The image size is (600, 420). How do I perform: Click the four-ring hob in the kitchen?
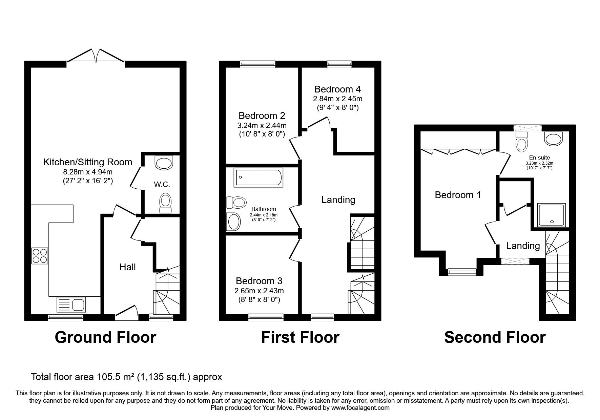40,256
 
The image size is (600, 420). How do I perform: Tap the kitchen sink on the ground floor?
71,304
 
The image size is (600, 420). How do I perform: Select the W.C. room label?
162,185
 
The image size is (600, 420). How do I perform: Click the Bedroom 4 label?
337,89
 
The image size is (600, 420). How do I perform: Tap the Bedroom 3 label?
259,281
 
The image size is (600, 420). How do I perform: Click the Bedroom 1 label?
458,195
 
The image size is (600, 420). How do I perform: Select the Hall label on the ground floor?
127,267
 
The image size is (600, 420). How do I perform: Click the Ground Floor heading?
105,337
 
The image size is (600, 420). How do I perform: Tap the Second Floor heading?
495,337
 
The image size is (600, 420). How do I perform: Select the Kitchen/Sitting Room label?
87,162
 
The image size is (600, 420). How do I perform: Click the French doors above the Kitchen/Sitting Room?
96,56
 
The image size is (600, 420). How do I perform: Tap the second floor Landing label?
523,246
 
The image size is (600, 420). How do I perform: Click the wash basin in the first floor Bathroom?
233,222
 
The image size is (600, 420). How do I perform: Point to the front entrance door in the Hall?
126,313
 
